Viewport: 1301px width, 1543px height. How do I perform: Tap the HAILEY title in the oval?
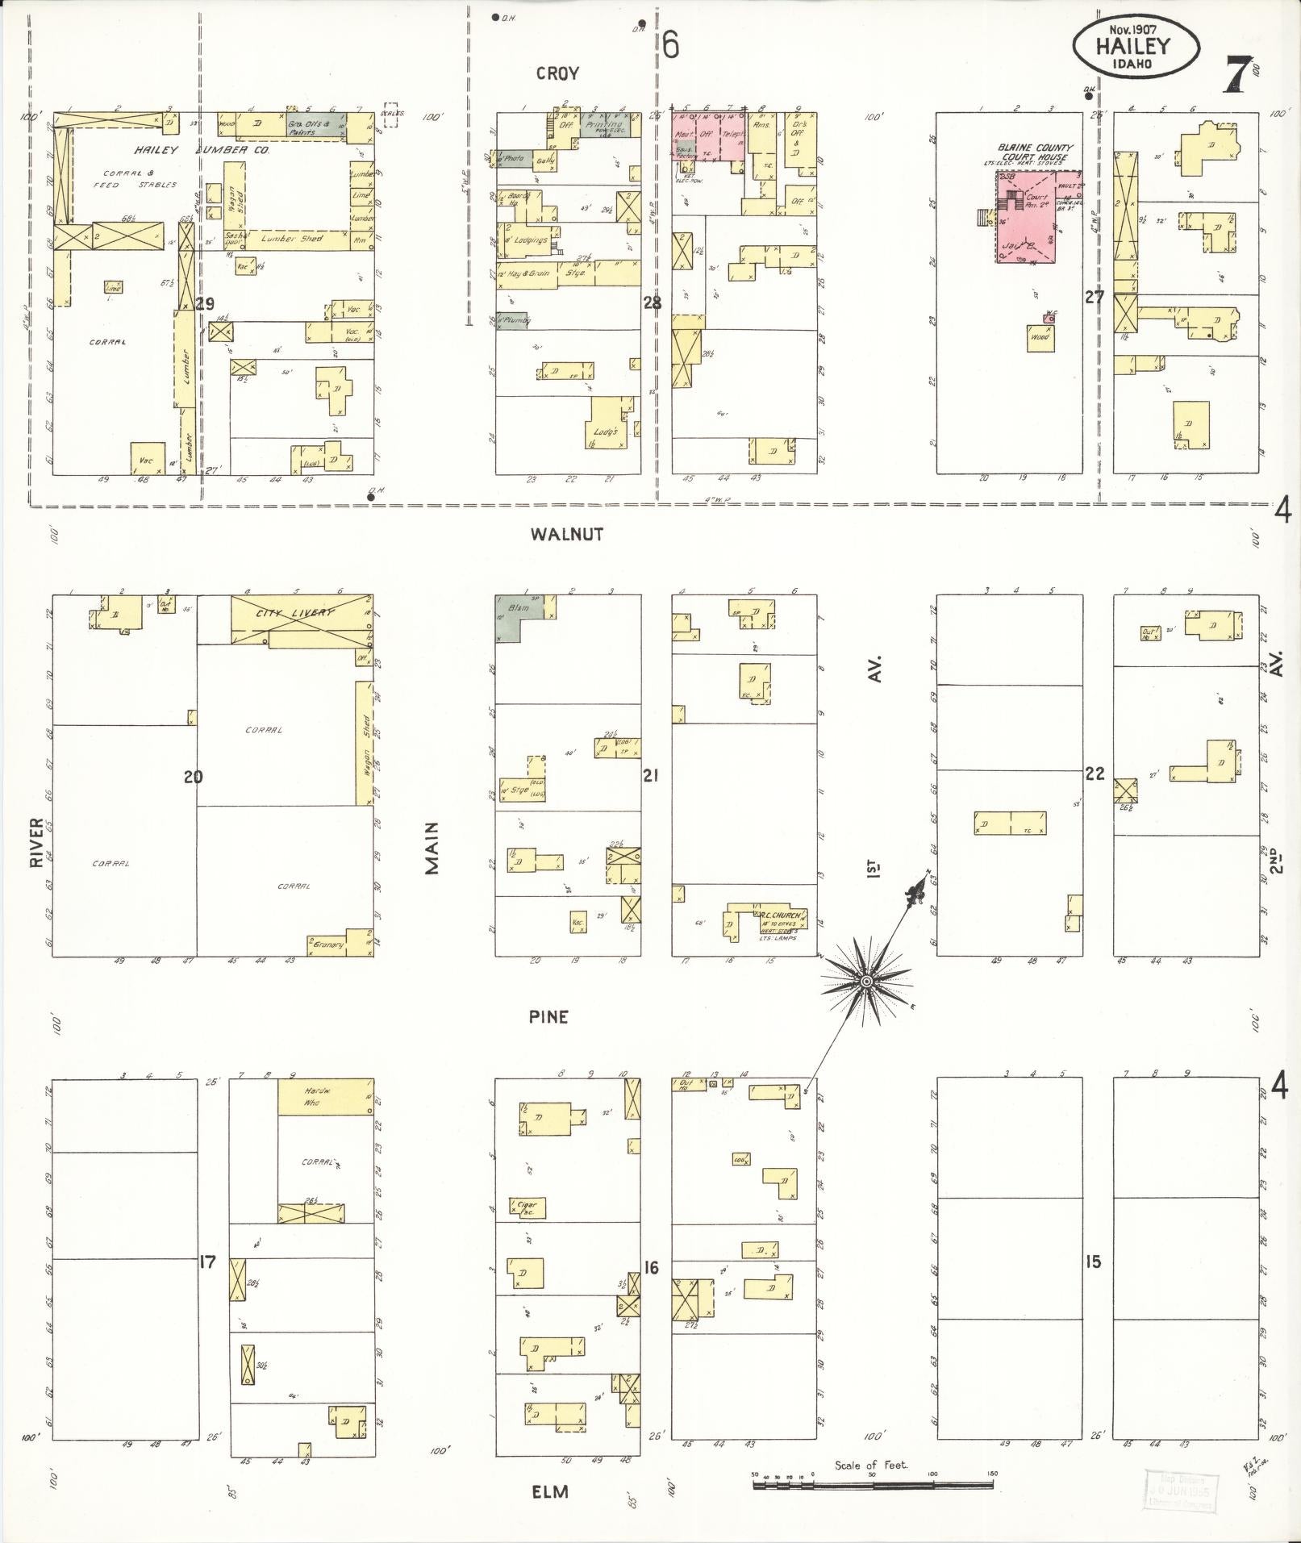pos(1132,46)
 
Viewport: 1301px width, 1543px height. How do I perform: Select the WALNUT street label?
pos(567,534)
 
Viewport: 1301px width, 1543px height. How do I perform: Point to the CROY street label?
pos(557,74)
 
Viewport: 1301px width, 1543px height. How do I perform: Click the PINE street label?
pos(548,1017)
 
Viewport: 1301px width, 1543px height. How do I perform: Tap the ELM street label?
pos(549,1491)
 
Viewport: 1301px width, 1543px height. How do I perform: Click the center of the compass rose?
pos(865,981)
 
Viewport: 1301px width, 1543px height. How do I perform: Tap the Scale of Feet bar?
pos(874,1483)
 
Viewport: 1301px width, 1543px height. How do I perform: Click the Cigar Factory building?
pos(527,1207)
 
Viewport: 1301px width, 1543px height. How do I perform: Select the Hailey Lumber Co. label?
pos(201,151)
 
